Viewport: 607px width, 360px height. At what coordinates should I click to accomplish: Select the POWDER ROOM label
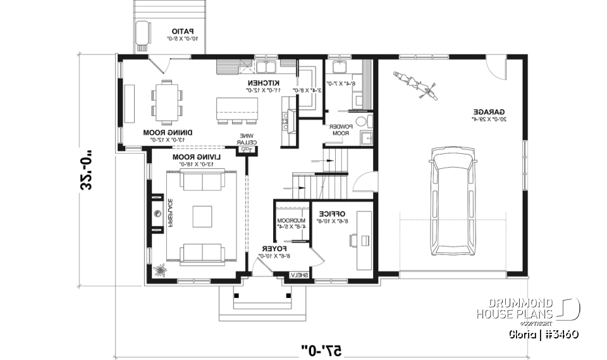pos(340,130)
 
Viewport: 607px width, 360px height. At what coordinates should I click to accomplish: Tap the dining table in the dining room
pos(165,101)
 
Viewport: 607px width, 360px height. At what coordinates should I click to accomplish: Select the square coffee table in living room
pos(202,216)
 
